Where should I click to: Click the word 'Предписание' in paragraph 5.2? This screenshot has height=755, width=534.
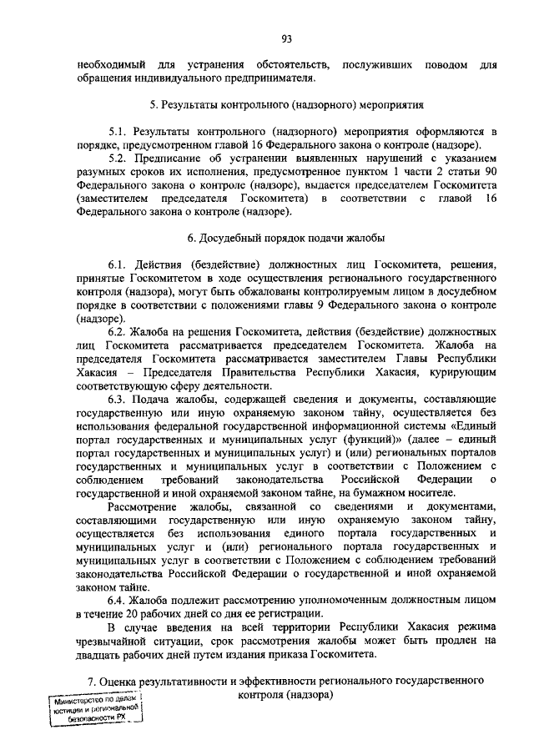168,159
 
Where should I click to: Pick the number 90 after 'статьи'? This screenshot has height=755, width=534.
490,172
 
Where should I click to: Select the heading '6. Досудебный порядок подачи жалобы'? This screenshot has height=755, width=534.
286,239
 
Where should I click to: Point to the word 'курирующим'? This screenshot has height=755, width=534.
464,372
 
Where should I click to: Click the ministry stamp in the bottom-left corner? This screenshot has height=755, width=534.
93,712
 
